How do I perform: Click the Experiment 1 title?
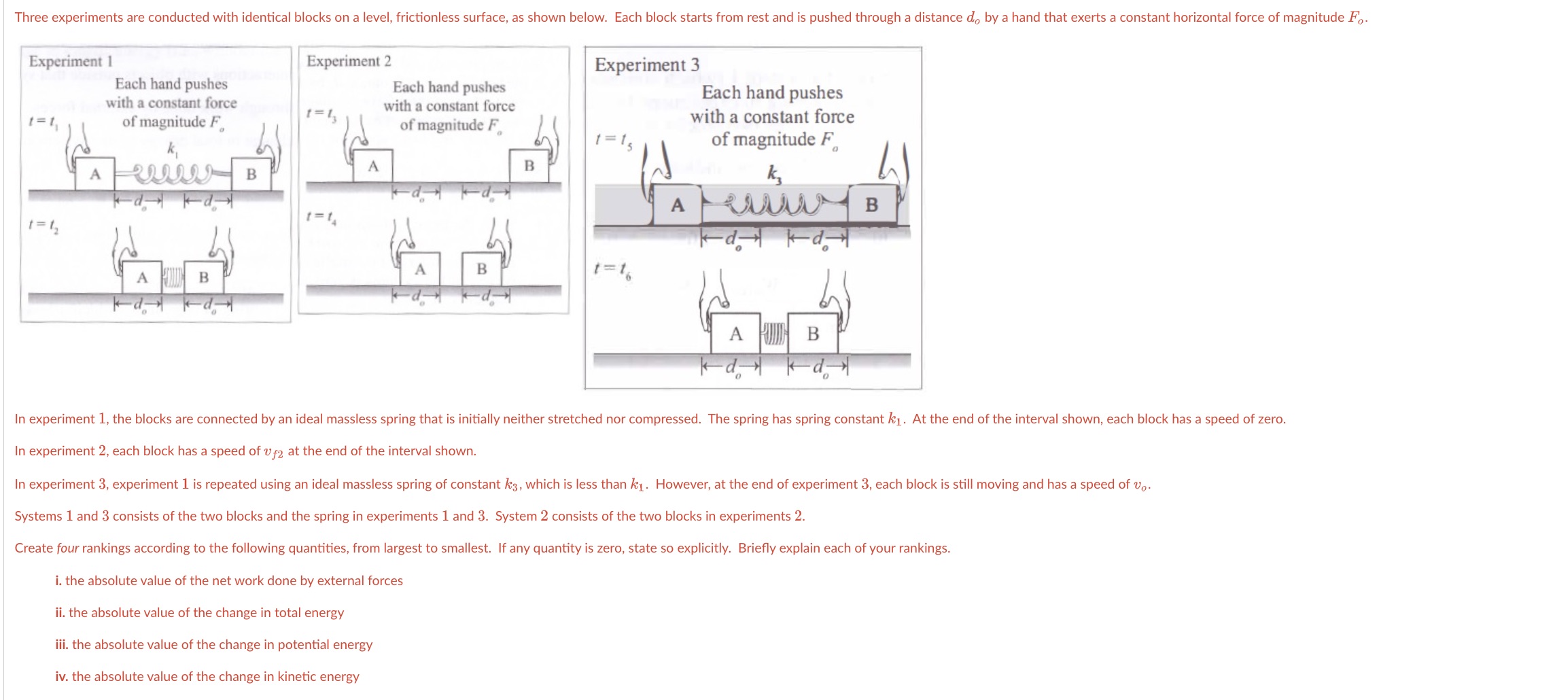click(x=70, y=61)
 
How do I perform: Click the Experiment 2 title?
click(x=349, y=61)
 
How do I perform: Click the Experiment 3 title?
click(x=646, y=65)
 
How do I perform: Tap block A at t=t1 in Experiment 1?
click(x=95, y=174)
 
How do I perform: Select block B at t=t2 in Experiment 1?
click(x=204, y=277)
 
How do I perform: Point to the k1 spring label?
click(x=173, y=148)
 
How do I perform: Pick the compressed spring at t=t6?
click(x=773, y=333)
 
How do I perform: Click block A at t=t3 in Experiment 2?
click(x=372, y=166)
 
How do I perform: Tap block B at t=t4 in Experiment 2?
click(x=482, y=268)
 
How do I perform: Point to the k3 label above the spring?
click(x=775, y=174)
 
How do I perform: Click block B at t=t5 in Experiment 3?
click(x=871, y=205)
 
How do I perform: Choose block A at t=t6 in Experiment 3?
click(x=735, y=334)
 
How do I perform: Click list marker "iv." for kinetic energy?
click(x=62, y=677)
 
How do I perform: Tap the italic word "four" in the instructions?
click(x=67, y=548)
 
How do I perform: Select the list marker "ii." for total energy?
click(x=60, y=613)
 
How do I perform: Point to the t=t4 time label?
click(x=321, y=217)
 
